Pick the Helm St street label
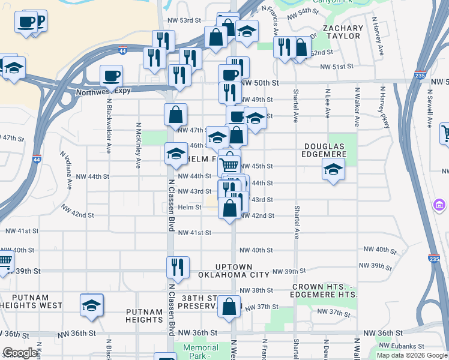click(x=189, y=207)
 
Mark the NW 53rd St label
click(x=184, y=20)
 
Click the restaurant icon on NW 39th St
click(x=178, y=266)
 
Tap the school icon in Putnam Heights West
click(x=92, y=305)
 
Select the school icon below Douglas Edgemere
click(x=333, y=170)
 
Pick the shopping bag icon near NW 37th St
click(x=229, y=305)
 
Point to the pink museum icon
click(x=439, y=206)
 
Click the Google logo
click(x=20, y=353)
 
